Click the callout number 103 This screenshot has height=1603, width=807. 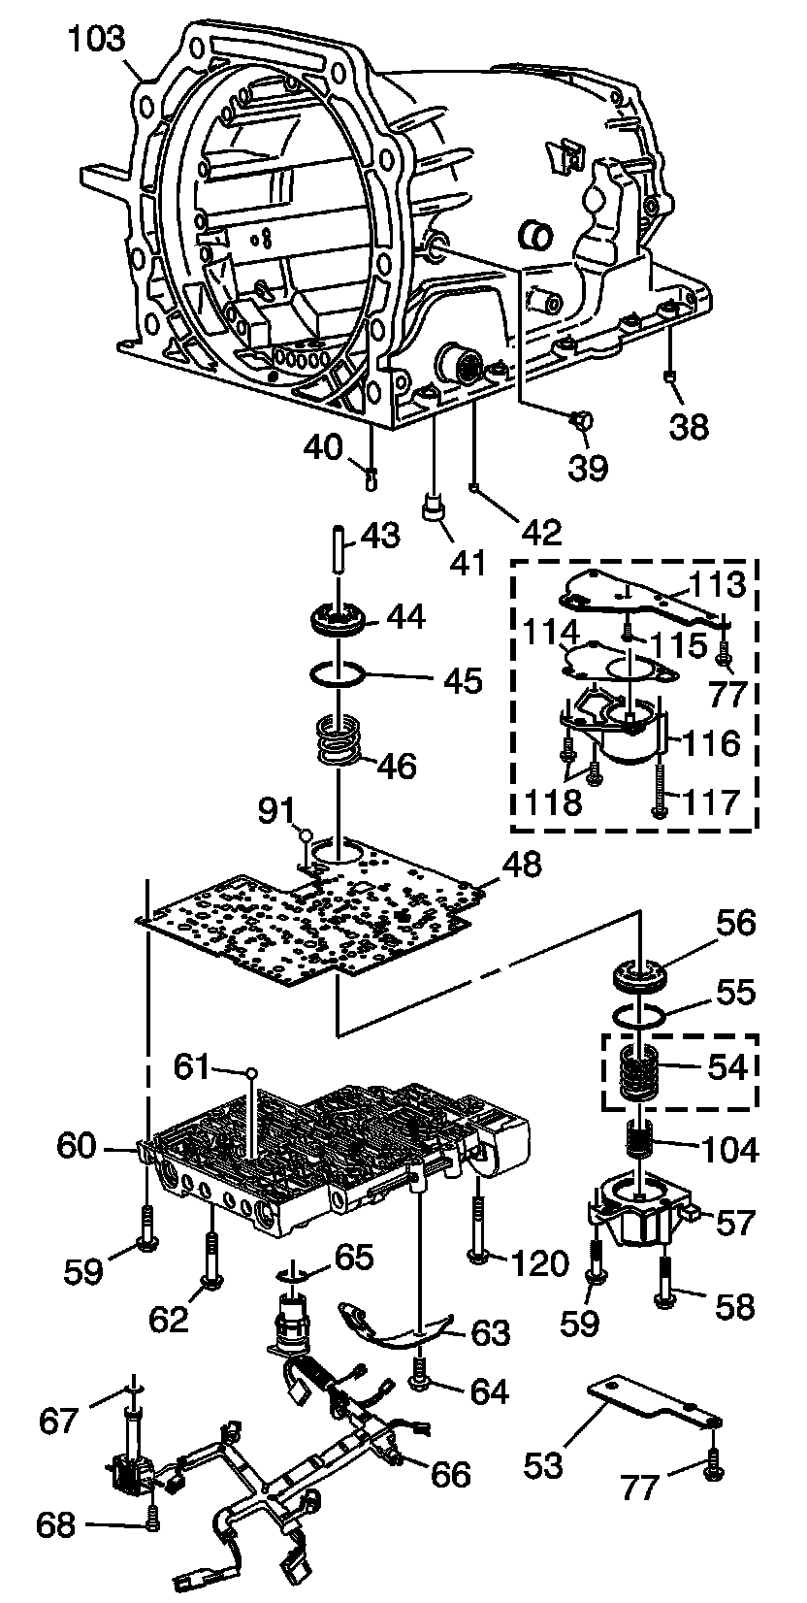(x=97, y=40)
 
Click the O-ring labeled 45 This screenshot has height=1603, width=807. (x=338, y=674)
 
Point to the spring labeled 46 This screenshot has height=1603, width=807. (x=338, y=743)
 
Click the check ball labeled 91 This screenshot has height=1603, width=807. (x=306, y=834)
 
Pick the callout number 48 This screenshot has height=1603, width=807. (x=522, y=866)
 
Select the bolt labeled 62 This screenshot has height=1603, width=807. (x=211, y=1259)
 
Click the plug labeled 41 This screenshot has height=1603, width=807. (x=432, y=508)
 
